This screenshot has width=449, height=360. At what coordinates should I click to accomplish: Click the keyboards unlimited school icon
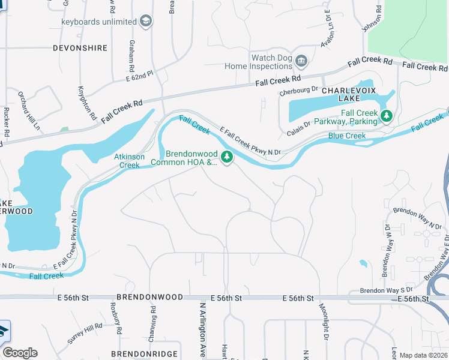(x=146, y=22)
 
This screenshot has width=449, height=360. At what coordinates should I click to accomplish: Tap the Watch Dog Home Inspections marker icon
(x=301, y=61)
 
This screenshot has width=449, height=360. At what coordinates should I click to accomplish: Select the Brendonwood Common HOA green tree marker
(x=227, y=157)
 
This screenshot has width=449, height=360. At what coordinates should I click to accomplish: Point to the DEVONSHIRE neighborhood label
(x=80, y=48)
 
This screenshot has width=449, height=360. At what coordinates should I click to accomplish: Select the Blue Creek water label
(x=347, y=136)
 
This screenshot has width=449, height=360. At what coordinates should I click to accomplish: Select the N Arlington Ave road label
(x=203, y=329)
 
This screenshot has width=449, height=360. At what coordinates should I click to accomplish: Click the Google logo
(x=20, y=353)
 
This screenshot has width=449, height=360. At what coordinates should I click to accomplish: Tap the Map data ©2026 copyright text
(x=423, y=355)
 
